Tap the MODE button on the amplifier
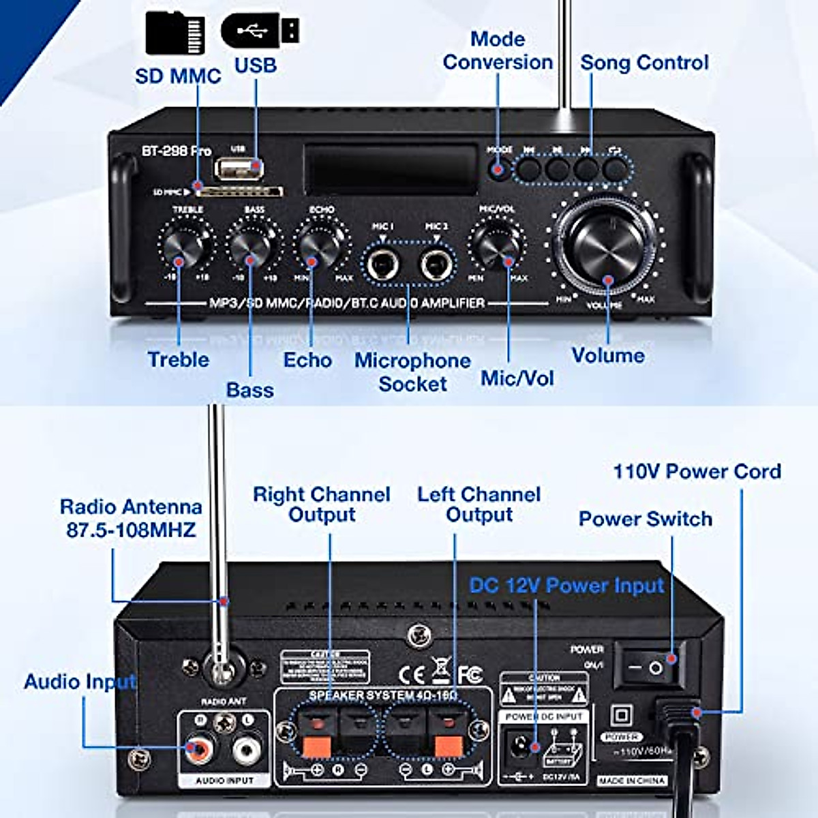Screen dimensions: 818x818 coord(499,168)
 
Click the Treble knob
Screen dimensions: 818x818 coord(183,246)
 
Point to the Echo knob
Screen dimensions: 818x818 coord(318,246)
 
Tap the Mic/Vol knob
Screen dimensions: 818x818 coord(496,245)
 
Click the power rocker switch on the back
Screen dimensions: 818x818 coord(648,667)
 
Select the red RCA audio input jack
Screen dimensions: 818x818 coord(200,750)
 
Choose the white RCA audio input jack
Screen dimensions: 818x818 coord(246,750)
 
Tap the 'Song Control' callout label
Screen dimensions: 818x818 coord(644,63)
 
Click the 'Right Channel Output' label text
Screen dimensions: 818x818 coord(321,504)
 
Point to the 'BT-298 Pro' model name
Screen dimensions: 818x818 coord(177,151)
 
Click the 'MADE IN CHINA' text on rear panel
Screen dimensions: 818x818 coord(631,781)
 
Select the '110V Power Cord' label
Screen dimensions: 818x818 coord(697,472)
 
